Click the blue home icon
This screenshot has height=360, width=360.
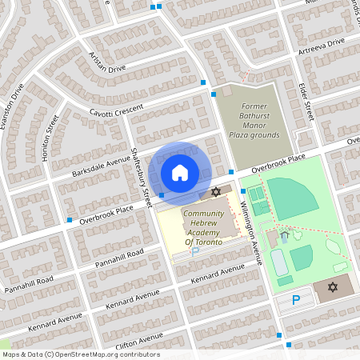coord(180,172)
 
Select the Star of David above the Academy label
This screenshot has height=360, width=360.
coord(214,193)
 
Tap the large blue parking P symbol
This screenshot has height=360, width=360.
coord(296,301)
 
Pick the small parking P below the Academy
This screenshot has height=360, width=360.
coord(194,251)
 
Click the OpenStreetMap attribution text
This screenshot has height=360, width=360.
coord(80,354)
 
